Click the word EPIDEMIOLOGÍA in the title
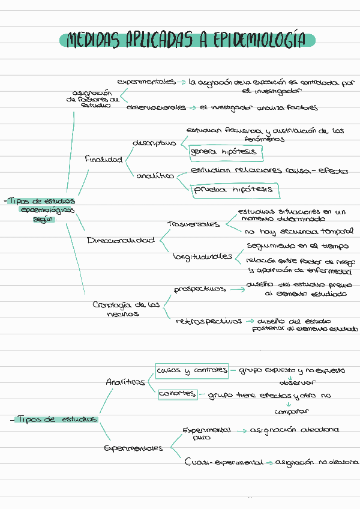pos(262,40)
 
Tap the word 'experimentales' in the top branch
pos(146,81)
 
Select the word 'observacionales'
pos(156,107)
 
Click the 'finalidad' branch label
pos(103,160)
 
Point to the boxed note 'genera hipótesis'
pos(223,152)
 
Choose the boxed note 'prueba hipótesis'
pos(232,190)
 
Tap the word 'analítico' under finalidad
pos(155,176)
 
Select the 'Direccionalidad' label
pos(121,240)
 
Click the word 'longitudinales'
pos(202,256)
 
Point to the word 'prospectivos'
pos(200,289)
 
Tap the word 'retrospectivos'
pos(209,321)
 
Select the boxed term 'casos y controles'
pos(191,370)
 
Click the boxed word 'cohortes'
pos(177,394)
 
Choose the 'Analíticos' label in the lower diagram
pos(125,381)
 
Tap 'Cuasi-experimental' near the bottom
pos(224,462)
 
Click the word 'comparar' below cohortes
pos(291,412)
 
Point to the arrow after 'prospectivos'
pos(237,289)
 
